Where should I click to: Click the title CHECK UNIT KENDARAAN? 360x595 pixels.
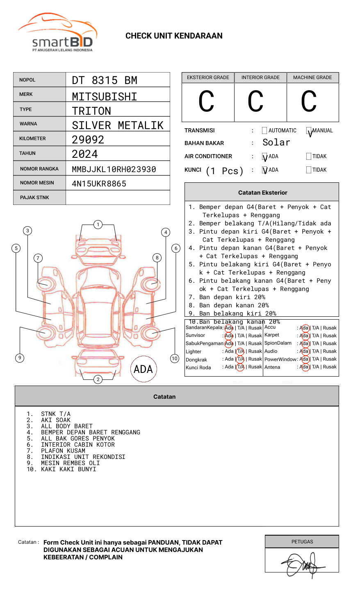174,36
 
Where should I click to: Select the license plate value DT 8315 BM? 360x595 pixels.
105,80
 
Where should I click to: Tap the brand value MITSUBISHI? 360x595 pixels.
105,96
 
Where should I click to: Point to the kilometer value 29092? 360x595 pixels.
88,140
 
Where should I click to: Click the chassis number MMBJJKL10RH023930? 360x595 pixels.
114,169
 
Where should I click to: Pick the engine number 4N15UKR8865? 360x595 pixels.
99,184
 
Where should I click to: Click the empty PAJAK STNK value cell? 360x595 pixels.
118,198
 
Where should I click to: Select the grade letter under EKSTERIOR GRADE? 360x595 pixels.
207,102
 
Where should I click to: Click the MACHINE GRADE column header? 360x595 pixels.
312,77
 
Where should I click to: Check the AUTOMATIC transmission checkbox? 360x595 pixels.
264,131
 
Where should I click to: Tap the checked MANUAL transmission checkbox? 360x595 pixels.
309,131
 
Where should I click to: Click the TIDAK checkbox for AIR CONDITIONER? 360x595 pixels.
309,157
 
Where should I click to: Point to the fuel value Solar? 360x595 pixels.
276,143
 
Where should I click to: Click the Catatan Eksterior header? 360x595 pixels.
262,193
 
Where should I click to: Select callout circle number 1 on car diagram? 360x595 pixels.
98,225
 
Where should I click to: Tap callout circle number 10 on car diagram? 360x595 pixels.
175,359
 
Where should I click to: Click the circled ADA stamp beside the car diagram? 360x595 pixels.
144,369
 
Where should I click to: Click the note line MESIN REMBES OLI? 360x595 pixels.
70,463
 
